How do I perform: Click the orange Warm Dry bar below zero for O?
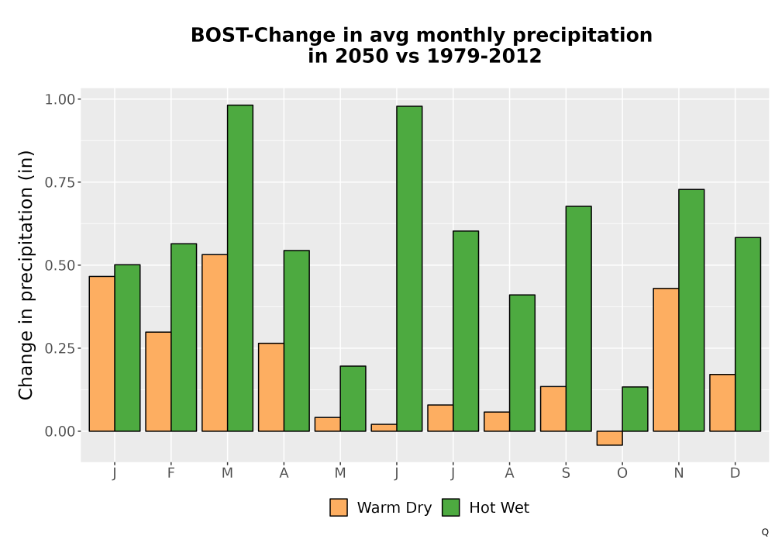tap(609, 438)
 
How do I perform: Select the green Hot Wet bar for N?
tap(691, 310)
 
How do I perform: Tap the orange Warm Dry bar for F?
tap(158, 382)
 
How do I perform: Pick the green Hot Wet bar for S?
tap(578, 319)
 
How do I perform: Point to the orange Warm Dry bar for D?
tap(722, 403)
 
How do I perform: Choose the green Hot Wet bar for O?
tap(635, 409)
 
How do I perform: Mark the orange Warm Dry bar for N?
tap(666, 359)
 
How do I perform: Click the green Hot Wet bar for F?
tap(184, 337)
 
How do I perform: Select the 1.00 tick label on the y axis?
tap(60, 99)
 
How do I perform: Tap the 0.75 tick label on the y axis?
tap(60, 182)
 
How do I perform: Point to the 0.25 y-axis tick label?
tap(60, 348)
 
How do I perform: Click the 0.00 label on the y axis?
tap(60, 432)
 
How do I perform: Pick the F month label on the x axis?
tap(171, 473)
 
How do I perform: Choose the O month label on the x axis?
tap(622, 473)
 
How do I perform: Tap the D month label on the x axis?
tap(735, 473)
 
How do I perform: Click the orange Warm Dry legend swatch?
tap(339, 507)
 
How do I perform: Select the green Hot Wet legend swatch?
tap(451, 507)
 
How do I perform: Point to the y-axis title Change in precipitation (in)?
tap(26, 275)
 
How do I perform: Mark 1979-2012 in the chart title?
tap(484, 56)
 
